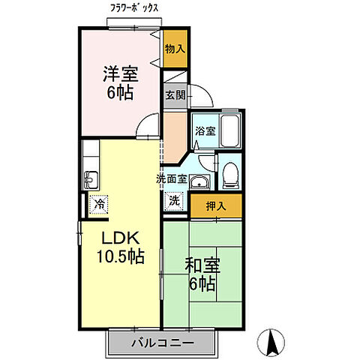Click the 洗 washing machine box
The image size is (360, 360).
(174, 201)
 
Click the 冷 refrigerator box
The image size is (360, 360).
(98, 203)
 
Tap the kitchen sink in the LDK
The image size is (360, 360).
(91, 178)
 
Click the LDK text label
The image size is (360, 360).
(119, 239)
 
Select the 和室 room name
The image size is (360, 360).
(201, 265)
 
